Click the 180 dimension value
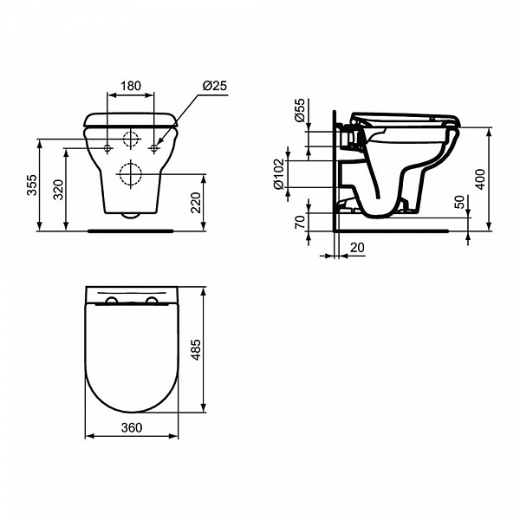pos(130,86)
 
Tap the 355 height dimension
pos(32,186)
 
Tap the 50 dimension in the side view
pos(459,202)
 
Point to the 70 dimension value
pos(301,223)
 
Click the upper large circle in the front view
pos(131,140)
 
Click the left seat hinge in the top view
pos(111,300)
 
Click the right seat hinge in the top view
pos(153,300)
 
